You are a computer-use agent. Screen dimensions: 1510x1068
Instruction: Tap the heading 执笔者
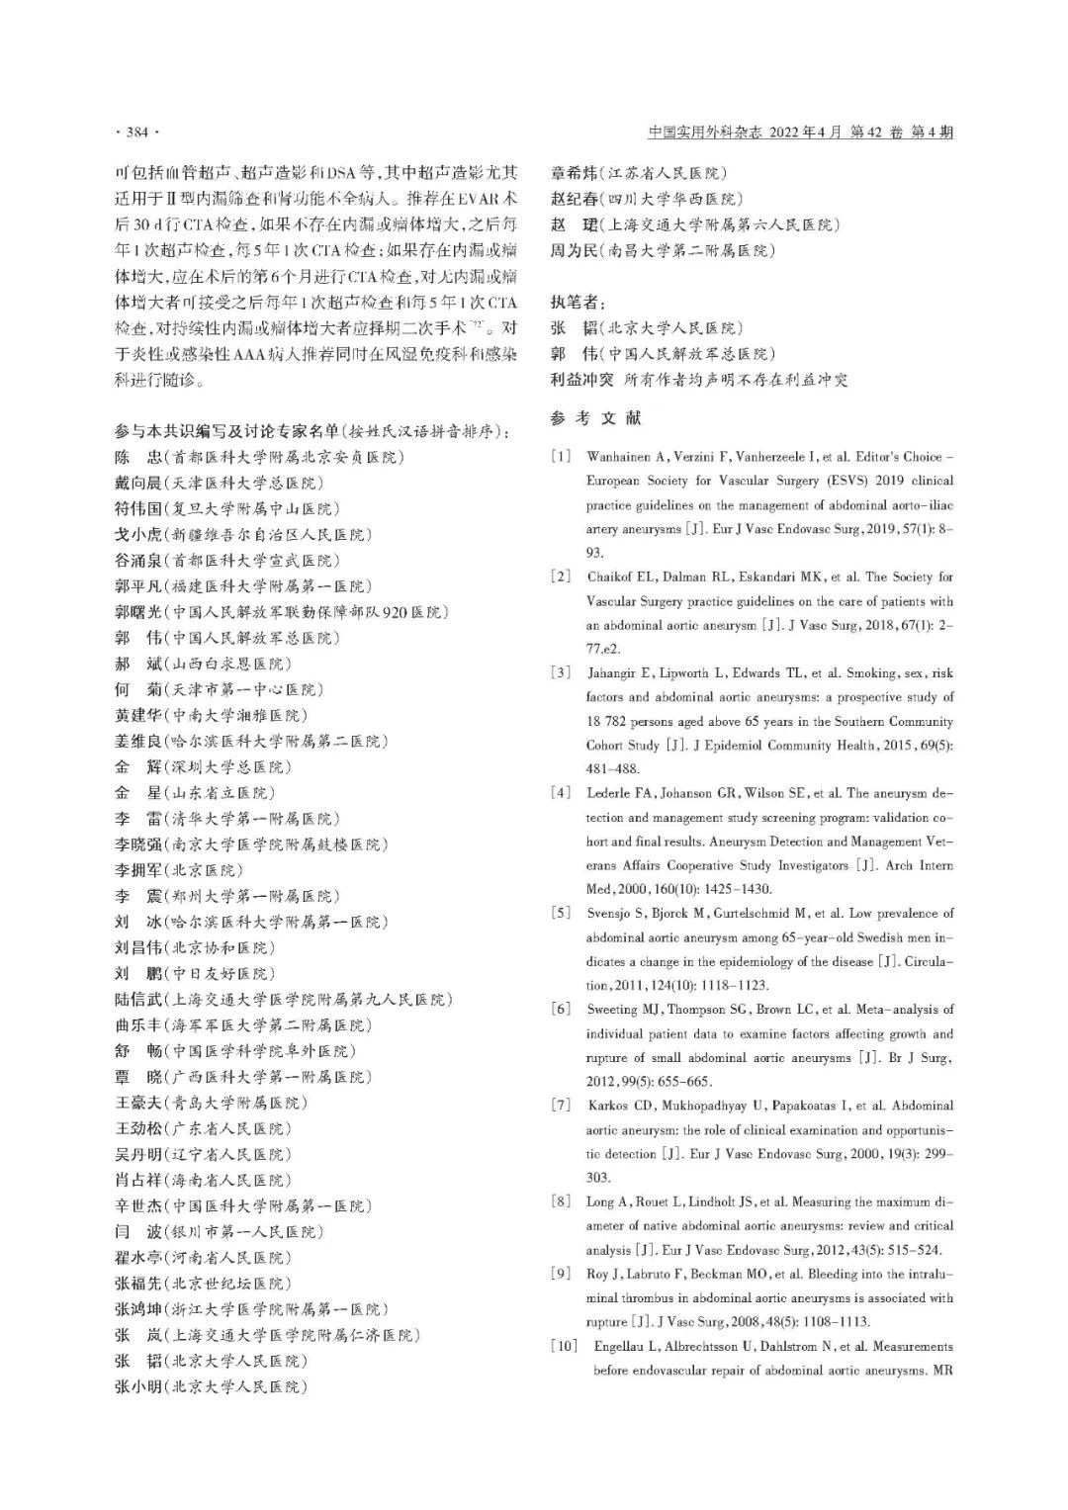(577, 302)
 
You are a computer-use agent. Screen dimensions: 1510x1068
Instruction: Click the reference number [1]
(562, 457)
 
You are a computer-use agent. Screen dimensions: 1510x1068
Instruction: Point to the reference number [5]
(562, 914)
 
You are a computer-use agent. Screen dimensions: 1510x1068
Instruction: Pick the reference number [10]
(564, 1347)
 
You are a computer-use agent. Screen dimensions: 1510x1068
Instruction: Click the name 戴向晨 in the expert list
(138, 483)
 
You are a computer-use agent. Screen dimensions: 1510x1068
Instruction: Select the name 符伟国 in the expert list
(138, 508)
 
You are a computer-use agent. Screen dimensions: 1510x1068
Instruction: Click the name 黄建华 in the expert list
(138, 715)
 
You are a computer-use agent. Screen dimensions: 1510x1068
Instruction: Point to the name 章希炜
(574, 173)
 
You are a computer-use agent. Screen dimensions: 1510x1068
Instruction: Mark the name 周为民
(574, 250)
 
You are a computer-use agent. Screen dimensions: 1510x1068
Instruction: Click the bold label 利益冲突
(581, 380)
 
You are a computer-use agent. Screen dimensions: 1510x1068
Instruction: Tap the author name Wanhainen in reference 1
(620, 457)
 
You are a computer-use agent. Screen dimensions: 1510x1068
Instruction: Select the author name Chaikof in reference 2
(611, 577)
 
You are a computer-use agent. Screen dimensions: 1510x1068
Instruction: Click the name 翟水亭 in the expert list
(138, 1258)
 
